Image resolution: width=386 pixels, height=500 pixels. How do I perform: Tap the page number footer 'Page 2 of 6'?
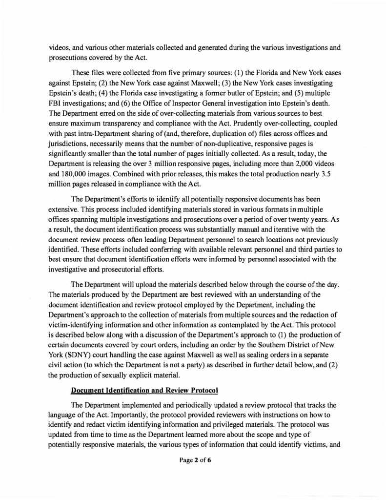coord(193,459)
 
